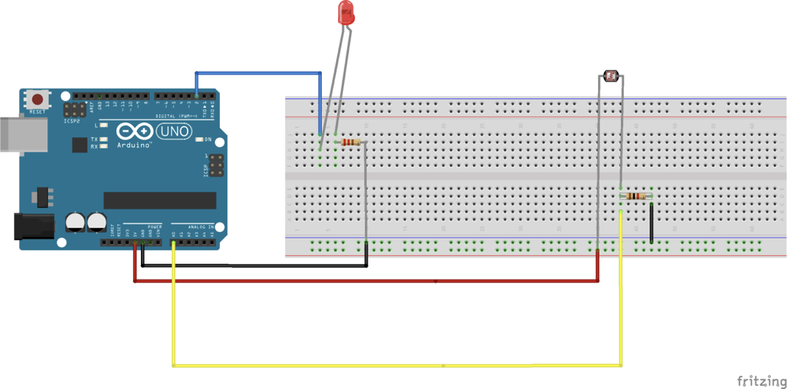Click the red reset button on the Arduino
tap(36, 99)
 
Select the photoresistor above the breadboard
tap(611, 75)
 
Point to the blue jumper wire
tap(258, 73)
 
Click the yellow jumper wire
tap(399, 365)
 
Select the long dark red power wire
tap(369, 281)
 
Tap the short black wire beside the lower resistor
tap(651, 221)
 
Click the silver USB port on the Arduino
tap(22, 134)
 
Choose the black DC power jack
tap(35, 227)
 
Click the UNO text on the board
tap(174, 132)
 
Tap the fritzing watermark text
tap(762, 381)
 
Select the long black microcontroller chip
tap(159, 200)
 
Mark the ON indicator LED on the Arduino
tap(199, 140)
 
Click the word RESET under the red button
tap(37, 112)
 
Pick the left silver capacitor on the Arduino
tap(75, 222)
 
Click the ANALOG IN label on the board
tap(200, 227)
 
